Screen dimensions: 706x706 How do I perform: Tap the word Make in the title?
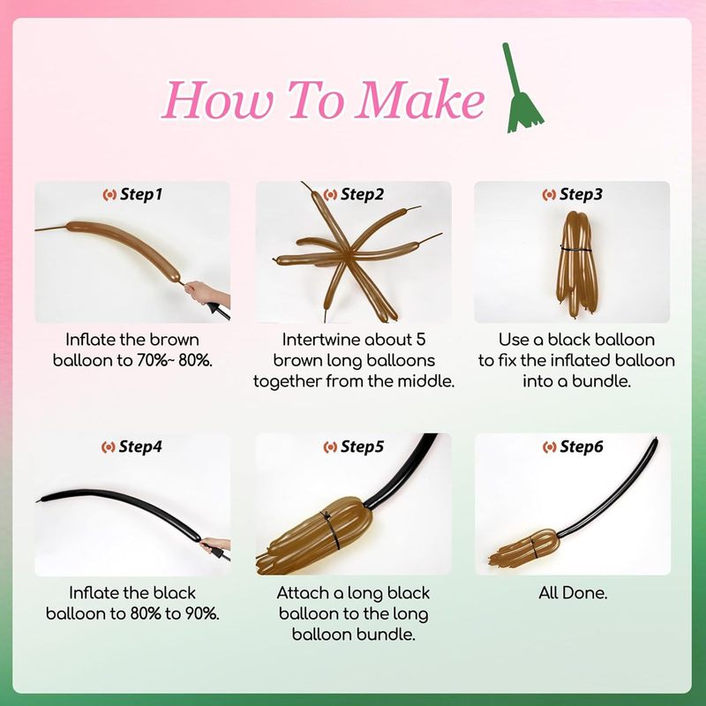click(x=419, y=99)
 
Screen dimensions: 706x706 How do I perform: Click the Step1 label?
click(x=132, y=194)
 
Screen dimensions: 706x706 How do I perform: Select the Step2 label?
click(x=354, y=194)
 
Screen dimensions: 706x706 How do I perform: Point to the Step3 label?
click(x=572, y=194)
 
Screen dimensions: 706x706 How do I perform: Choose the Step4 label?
click(x=131, y=447)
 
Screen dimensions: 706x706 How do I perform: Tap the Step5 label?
click(x=354, y=447)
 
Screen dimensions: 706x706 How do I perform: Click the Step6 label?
click(x=573, y=447)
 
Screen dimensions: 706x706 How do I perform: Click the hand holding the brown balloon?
click(x=207, y=293)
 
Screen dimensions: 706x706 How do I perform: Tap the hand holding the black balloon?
click(x=216, y=545)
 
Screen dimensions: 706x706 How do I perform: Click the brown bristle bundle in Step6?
click(x=524, y=547)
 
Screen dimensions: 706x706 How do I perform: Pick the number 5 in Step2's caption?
click(x=421, y=340)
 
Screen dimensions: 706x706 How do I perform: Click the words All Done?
click(x=573, y=593)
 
